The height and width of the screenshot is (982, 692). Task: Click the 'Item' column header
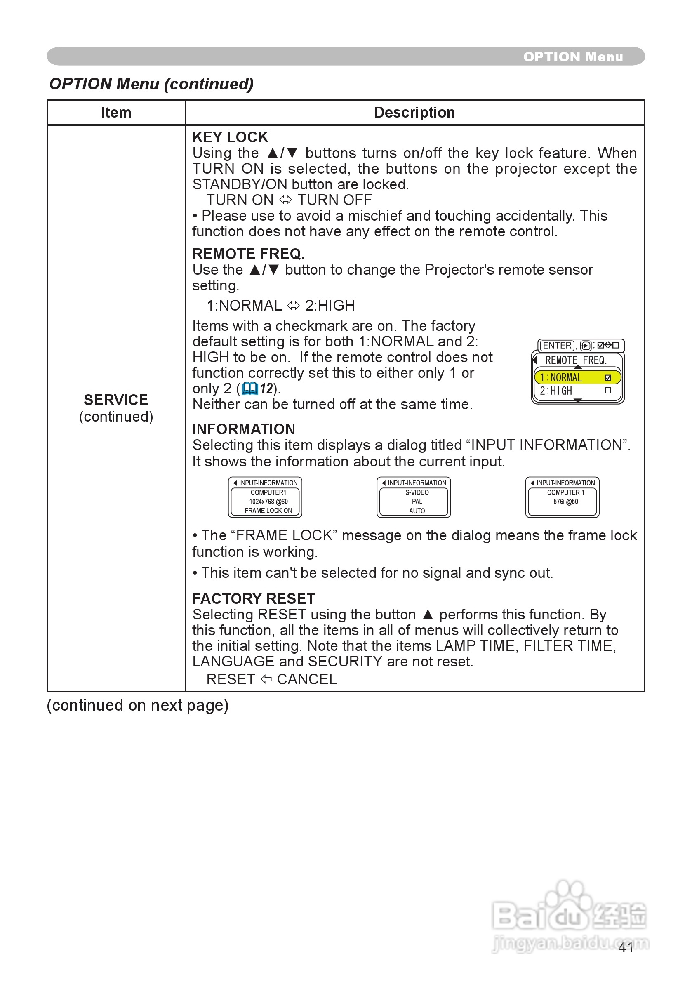tap(116, 113)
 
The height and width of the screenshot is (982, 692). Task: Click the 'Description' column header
tap(414, 113)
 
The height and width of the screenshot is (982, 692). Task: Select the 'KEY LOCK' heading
tap(230, 137)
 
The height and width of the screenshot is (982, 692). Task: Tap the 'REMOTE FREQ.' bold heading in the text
tap(248, 254)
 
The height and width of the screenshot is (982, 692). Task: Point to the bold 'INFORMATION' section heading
tap(243, 429)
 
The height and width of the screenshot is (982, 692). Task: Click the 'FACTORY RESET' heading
tap(254, 598)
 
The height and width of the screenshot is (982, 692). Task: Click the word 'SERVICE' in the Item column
tap(116, 400)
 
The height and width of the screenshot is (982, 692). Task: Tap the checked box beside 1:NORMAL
tap(608, 378)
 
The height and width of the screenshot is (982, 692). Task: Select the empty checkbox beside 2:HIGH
tap(608, 391)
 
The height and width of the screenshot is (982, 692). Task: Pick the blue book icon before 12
tap(249, 389)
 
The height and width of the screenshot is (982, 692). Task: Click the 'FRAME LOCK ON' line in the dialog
tap(268, 511)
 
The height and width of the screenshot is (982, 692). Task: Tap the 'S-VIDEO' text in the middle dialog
tap(417, 492)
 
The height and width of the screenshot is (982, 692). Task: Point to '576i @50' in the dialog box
tap(565, 501)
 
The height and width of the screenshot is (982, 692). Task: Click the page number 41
tap(626, 948)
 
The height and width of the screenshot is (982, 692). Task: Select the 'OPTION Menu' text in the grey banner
tap(573, 57)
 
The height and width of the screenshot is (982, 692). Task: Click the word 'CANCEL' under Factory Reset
tap(307, 679)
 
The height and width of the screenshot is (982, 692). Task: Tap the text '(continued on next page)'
tap(138, 705)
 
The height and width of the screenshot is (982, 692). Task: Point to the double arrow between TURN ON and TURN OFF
tap(285, 200)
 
